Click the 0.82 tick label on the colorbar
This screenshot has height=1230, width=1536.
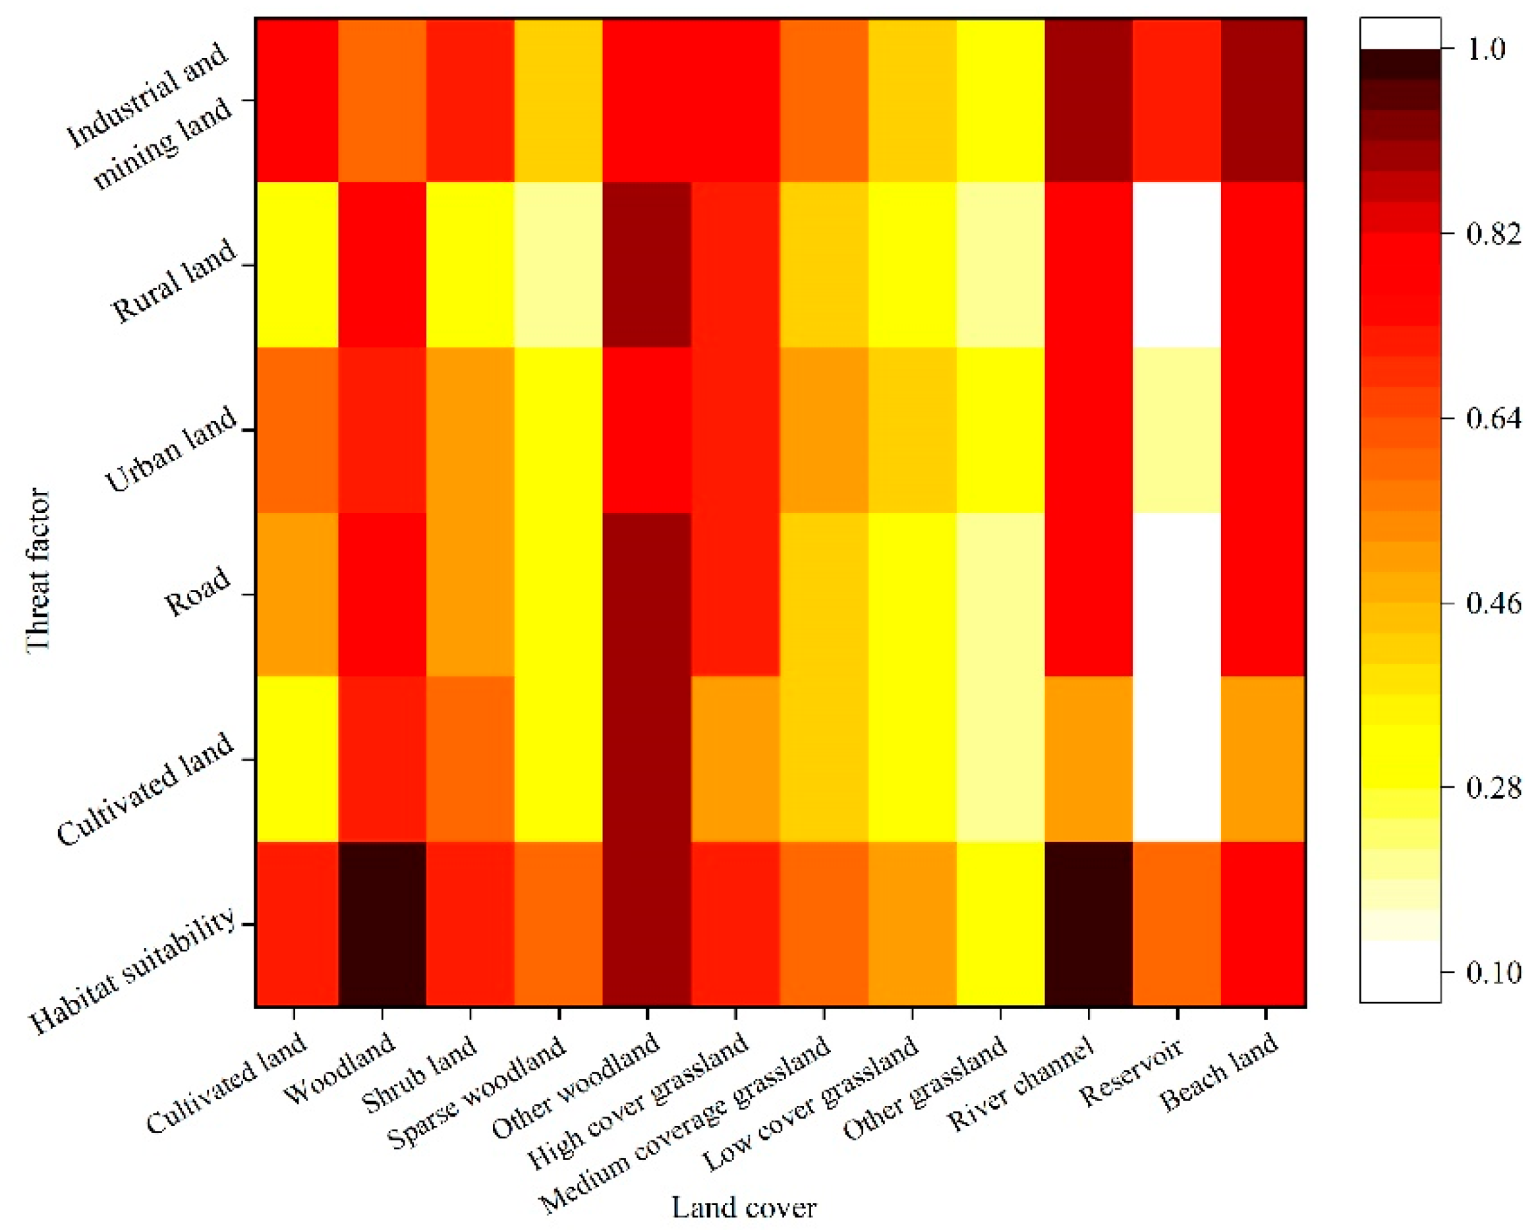[1493, 234]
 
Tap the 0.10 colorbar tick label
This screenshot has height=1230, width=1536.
[1493, 972]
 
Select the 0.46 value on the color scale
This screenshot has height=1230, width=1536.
[1493, 603]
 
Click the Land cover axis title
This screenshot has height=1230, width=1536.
[744, 1207]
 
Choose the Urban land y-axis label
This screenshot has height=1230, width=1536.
[171, 450]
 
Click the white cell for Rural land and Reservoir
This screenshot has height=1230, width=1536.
[1176, 265]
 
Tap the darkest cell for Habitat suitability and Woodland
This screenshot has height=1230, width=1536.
[382, 923]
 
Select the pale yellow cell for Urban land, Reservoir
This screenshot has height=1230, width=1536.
[1176, 430]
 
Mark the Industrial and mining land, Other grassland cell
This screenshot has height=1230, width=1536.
[1000, 100]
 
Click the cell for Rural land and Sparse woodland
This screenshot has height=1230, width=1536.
[559, 265]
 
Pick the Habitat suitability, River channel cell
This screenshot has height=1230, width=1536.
[1088, 923]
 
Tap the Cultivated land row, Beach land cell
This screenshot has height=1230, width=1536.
[1263, 759]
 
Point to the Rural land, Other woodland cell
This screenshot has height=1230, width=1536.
[647, 265]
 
